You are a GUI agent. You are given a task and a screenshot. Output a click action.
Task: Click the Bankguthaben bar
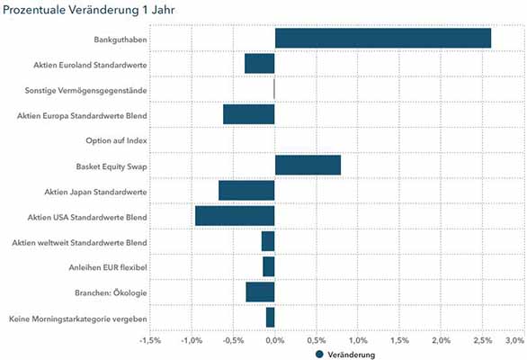(383, 38)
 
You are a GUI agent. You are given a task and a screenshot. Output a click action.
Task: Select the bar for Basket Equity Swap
(308, 166)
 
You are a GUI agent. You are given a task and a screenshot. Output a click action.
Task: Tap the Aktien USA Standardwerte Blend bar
(235, 216)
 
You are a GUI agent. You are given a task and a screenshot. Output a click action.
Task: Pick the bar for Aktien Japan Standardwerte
(246, 191)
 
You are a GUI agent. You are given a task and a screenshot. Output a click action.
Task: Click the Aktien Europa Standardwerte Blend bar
(249, 114)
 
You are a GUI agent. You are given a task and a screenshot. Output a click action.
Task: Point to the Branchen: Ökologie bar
(260, 292)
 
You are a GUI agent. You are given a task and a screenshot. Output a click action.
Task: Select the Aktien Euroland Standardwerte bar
(260, 64)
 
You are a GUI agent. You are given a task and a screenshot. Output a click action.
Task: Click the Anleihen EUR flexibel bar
(269, 266)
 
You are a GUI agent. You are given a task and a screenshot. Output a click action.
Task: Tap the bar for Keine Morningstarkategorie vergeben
(270, 318)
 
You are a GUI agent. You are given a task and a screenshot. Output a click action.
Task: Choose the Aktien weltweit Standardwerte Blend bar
(268, 241)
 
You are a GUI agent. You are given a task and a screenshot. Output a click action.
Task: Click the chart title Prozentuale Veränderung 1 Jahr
(88, 10)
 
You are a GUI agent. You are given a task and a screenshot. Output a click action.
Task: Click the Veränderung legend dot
(319, 355)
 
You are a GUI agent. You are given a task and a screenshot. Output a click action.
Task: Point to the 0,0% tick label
(275, 341)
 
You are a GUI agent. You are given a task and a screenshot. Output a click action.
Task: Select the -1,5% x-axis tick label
(150, 341)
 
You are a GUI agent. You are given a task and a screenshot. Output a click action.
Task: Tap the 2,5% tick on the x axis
(483, 341)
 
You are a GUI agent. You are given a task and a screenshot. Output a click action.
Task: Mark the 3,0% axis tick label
(515, 341)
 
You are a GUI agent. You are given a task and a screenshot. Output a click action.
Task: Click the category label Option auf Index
(116, 140)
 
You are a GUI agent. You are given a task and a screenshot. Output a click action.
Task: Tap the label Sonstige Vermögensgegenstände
(85, 91)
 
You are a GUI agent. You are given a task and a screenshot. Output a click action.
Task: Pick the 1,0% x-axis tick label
(358, 341)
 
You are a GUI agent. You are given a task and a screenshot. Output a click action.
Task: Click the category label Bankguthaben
(121, 40)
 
